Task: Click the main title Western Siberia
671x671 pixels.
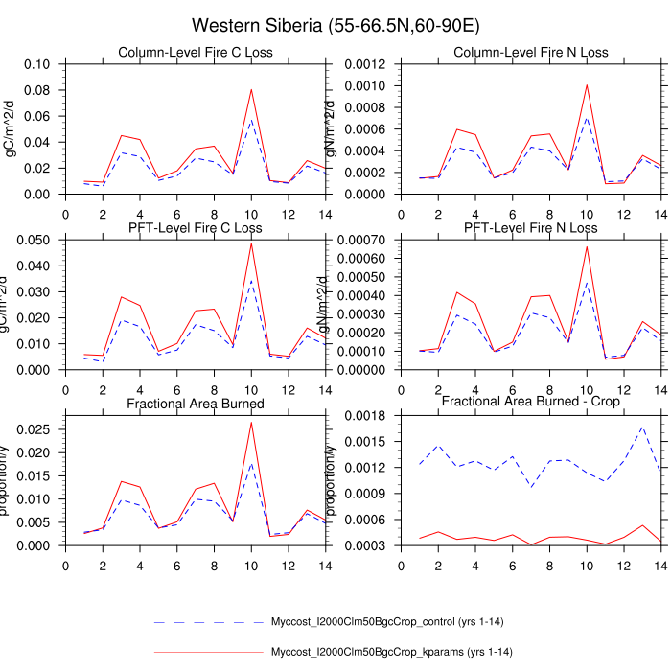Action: point(335,25)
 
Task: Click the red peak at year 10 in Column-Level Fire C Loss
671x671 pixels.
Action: point(251,89)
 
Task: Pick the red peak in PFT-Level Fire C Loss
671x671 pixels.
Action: point(251,243)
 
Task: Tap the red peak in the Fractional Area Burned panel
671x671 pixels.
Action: point(251,422)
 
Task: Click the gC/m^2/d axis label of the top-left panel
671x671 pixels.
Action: point(12,129)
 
